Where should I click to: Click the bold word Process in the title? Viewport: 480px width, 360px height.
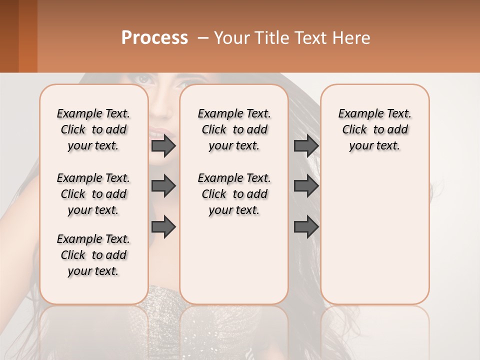pyautogui.click(x=154, y=38)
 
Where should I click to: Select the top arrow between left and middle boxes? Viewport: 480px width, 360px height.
pyautogui.click(x=163, y=146)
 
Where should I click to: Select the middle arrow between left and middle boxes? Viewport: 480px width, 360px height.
pyautogui.click(x=163, y=186)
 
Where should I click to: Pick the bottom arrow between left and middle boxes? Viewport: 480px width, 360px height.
pyautogui.click(x=163, y=227)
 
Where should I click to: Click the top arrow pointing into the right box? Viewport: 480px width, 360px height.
pyautogui.click(x=306, y=146)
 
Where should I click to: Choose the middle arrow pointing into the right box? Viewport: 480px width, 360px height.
pyautogui.click(x=306, y=186)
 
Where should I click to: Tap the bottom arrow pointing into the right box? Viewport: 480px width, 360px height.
pyautogui.click(x=306, y=227)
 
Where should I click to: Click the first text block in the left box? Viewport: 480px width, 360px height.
pyautogui.click(x=93, y=129)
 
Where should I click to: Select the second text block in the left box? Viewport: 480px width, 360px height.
pyautogui.click(x=93, y=194)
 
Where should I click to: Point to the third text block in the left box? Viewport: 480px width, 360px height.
pyautogui.click(x=93, y=255)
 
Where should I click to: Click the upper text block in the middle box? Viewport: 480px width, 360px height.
pyautogui.click(x=234, y=129)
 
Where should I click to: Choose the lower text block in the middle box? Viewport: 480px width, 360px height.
pyautogui.click(x=234, y=194)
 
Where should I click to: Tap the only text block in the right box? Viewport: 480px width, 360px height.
pyautogui.click(x=374, y=129)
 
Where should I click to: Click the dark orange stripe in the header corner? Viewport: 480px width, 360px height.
pyautogui.click(x=28, y=36)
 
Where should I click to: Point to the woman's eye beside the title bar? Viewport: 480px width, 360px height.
pyautogui.click(x=144, y=79)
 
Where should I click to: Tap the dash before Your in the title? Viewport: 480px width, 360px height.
pyautogui.click(x=203, y=38)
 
